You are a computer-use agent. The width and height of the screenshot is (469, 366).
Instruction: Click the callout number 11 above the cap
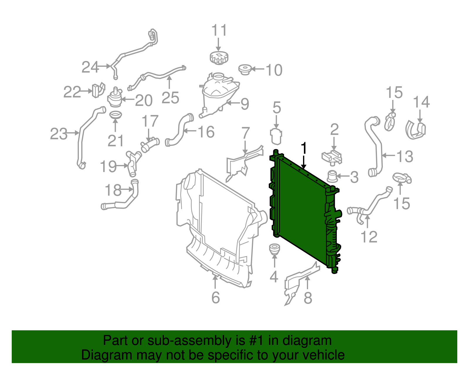click(x=219, y=30)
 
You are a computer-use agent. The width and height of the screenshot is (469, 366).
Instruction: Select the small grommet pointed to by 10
click(x=245, y=70)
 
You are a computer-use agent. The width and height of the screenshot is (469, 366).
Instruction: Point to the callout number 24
click(x=90, y=67)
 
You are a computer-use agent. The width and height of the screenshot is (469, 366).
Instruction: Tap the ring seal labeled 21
click(x=115, y=115)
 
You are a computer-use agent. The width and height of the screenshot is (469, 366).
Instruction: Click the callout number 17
click(x=150, y=121)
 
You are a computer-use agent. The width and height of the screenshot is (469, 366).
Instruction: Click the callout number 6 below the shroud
click(x=215, y=298)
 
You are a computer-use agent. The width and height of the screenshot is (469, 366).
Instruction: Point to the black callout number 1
click(x=304, y=148)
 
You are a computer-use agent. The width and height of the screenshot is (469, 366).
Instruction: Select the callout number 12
click(x=369, y=237)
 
